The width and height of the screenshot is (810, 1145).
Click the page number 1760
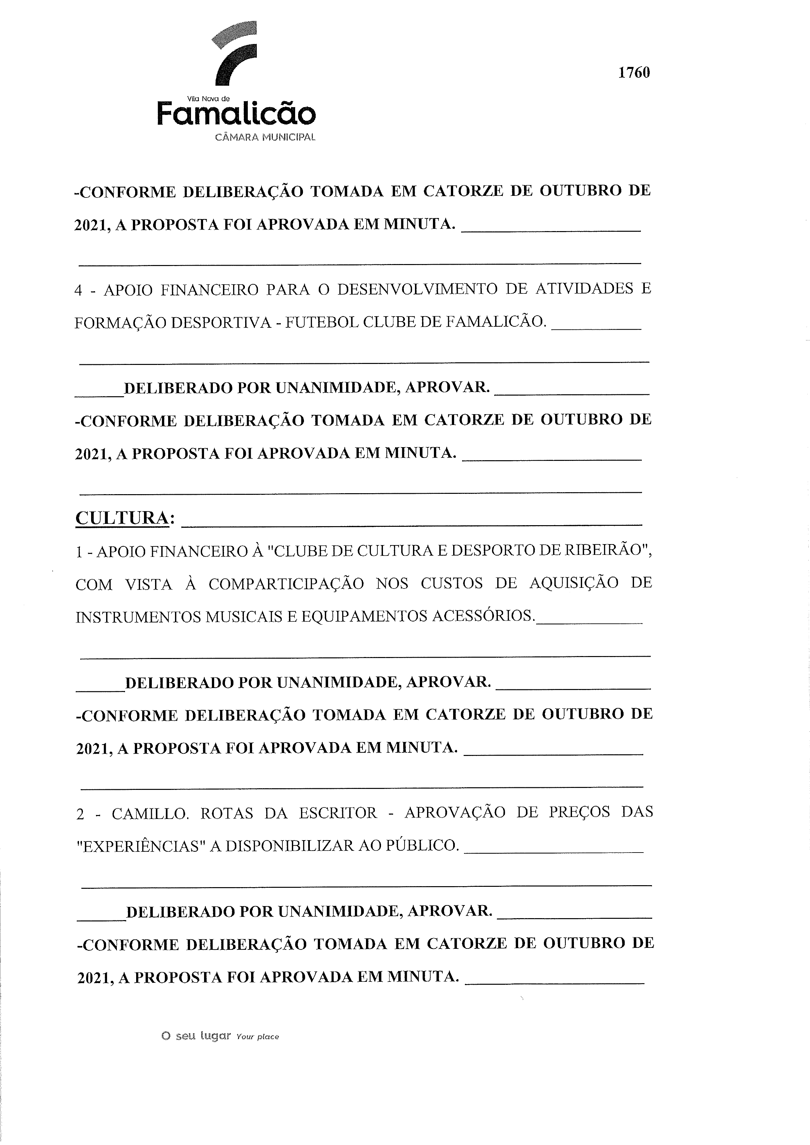pos(634,73)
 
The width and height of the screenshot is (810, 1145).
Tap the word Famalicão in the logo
pos(236,114)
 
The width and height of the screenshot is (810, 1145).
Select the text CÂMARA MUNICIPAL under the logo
pos(265,137)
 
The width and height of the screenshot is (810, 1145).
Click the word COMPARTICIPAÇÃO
pos(286,584)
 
